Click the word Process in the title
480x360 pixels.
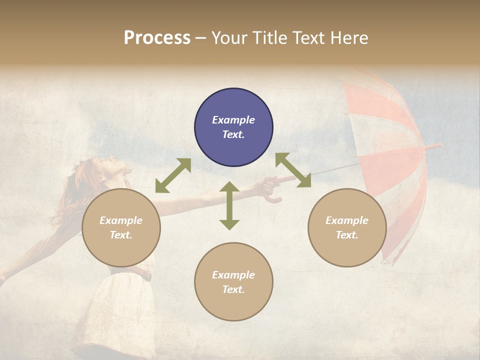[157, 38]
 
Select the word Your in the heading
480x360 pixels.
[228, 38]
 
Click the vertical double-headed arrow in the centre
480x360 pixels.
[229, 205]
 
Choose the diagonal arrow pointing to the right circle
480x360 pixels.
[293, 170]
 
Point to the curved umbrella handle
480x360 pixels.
[273, 198]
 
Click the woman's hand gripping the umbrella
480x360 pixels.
[269, 186]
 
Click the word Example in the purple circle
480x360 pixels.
[233, 120]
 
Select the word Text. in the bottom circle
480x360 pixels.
[233, 289]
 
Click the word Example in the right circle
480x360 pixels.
[347, 220]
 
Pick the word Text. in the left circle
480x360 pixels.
[121, 235]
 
